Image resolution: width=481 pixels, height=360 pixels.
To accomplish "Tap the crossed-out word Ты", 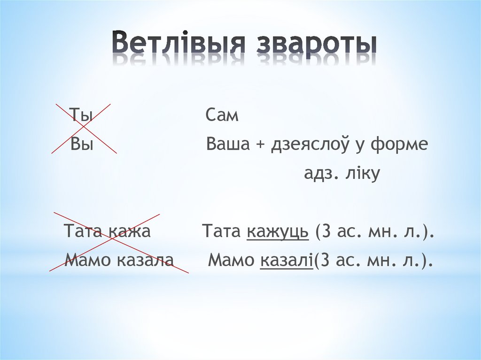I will point(81,115).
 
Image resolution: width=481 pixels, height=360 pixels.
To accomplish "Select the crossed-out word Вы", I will point(82,145).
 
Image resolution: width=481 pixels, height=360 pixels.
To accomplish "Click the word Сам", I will point(222,115).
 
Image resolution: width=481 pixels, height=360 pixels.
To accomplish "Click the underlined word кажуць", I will point(278,232).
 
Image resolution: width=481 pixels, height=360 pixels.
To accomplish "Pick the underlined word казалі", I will point(286,260).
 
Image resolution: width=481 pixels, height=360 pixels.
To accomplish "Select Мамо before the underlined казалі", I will point(231,260).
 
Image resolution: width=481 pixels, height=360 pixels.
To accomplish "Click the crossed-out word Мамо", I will point(86,260).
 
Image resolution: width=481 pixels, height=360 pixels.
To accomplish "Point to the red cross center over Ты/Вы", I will point(83,128).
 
